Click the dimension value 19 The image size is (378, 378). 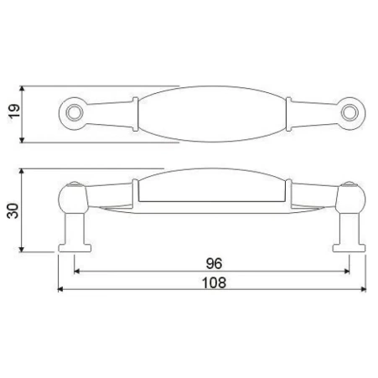(x=14, y=111)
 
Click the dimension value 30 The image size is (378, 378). (x=13, y=211)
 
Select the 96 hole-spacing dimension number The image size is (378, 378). (x=214, y=263)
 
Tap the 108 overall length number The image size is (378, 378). (x=214, y=282)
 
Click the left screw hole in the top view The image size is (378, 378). (x=75, y=113)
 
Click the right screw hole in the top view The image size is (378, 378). (x=350, y=113)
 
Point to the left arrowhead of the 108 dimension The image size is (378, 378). (x=60, y=289)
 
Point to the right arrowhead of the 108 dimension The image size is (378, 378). (x=363, y=289)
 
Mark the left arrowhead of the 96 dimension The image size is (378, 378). (x=76, y=271)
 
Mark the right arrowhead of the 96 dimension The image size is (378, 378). (x=347, y=271)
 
